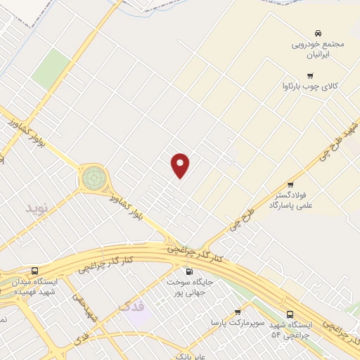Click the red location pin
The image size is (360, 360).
(x=181, y=165)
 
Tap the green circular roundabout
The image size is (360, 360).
(x=94, y=177)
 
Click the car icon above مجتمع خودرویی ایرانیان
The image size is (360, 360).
(x=319, y=33)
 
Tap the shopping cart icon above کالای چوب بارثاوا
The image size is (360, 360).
(x=309, y=75)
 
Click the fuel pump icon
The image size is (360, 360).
(x=188, y=272)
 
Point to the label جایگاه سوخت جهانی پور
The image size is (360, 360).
(x=188, y=287)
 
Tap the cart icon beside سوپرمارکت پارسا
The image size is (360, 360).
(x=237, y=311)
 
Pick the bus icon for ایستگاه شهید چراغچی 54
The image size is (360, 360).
(x=290, y=314)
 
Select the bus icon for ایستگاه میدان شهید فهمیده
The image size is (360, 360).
(x=35, y=271)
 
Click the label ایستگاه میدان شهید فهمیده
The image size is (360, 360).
(x=35, y=287)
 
